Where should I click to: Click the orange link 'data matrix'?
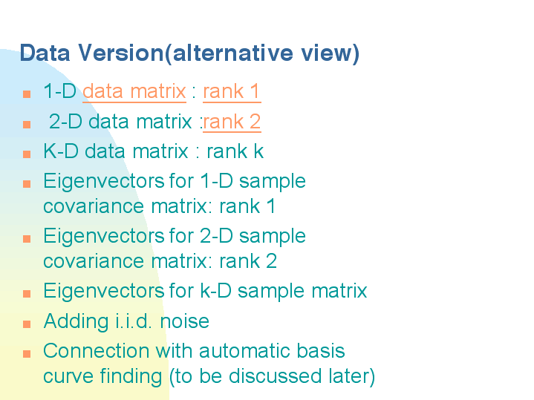coord(134,91)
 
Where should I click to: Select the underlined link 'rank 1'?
coord(232,91)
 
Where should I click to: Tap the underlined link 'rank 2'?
coord(232,122)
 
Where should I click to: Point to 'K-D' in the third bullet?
coord(61,151)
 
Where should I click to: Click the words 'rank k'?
coord(235,151)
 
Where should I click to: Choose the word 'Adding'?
coord(76,321)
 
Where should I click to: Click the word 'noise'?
coord(185,321)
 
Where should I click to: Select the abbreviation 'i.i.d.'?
coord(134,321)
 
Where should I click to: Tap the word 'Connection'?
coord(97,350)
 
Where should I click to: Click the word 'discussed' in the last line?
coord(275,376)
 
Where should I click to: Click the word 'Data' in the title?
coord(45,53)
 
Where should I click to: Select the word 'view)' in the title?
coord(330,53)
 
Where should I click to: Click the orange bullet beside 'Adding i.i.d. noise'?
coord(27,324)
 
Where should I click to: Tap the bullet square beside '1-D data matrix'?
coord(27,94)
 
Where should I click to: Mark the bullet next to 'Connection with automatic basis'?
coord(27,354)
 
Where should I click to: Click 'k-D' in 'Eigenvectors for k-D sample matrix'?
coord(216,291)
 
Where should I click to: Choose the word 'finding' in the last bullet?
coord(131,376)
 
